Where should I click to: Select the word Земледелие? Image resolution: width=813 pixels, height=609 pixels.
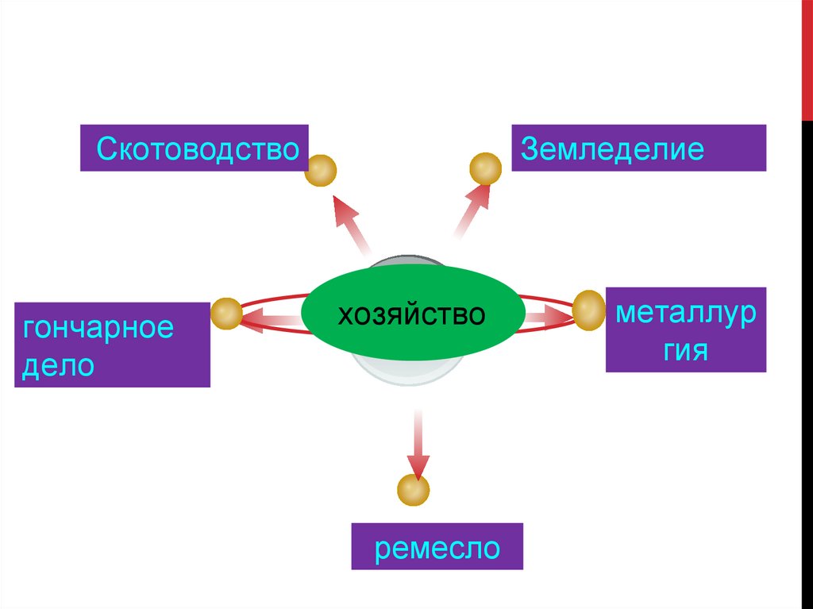coord(611,148)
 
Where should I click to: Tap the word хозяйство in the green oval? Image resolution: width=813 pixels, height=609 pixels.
coord(412,314)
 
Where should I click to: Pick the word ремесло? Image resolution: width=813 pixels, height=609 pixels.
coord(437,548)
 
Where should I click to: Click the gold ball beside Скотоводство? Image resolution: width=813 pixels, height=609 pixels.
coord(322,170)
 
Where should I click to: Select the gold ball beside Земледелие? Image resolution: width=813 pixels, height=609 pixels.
coord(485,169)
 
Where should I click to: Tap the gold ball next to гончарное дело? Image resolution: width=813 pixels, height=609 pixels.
coord(226,314)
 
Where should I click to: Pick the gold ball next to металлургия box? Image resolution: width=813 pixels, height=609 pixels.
coord(589,310)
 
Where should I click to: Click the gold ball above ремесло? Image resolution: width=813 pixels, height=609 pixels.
coord(413,489)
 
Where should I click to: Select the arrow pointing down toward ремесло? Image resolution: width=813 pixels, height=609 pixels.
coord(417,445)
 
